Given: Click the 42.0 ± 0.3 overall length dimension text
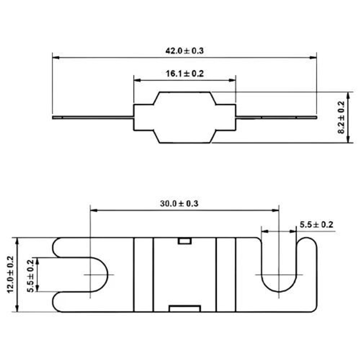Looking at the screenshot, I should tap(184, 51).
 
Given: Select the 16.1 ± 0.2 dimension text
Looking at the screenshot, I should tap(185, 74).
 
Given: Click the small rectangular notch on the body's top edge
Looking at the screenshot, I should tap(184, 241).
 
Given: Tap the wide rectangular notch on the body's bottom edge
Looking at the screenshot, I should tap(184, 308).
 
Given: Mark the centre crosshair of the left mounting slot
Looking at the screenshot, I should tap(90, 275).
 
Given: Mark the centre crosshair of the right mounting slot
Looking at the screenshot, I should tap(279, 275).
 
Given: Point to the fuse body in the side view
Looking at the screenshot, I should tap(184, 117).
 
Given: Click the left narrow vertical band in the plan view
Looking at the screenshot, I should tap(143, 275).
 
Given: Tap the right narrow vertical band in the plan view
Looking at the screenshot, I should tap(226, 275).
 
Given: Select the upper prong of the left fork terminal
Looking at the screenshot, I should tap(72, 247).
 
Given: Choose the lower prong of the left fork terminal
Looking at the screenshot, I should tap(72, 302).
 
